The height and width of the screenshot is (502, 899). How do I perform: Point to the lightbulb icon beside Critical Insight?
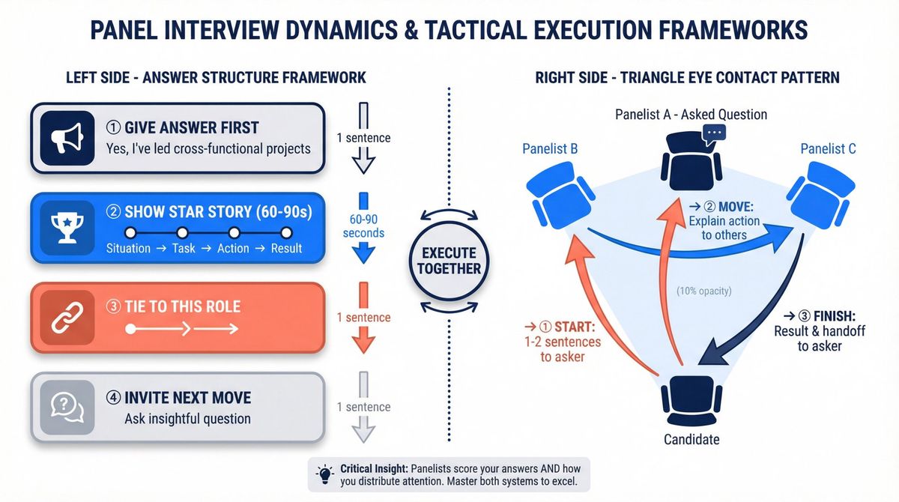coord(324,474)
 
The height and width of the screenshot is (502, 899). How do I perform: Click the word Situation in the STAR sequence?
coord(128,248)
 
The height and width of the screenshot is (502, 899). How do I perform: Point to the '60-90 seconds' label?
coord(363,226)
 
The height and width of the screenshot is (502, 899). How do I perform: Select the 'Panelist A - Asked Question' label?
coord(691,115)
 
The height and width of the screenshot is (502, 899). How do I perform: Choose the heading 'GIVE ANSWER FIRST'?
coord(191,127)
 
